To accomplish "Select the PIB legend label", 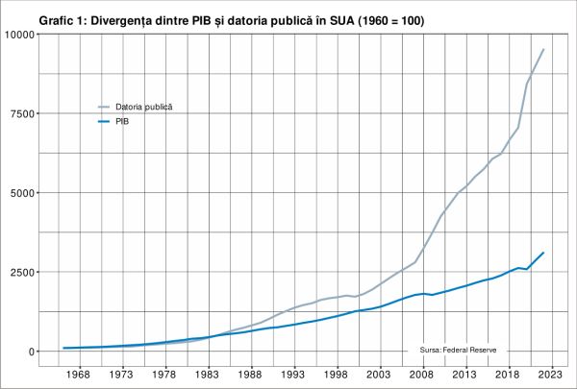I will point(123,122).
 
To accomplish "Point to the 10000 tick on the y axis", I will point(19,35).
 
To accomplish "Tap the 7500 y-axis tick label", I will point(22,113).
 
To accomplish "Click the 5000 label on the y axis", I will point(22,193).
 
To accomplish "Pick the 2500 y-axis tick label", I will point(22,272).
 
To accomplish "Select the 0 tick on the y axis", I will point(31,352).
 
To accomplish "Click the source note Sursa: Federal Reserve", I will point(457,352).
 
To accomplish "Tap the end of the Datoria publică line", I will point(543,49).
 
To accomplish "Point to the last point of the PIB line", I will point(543,253).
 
